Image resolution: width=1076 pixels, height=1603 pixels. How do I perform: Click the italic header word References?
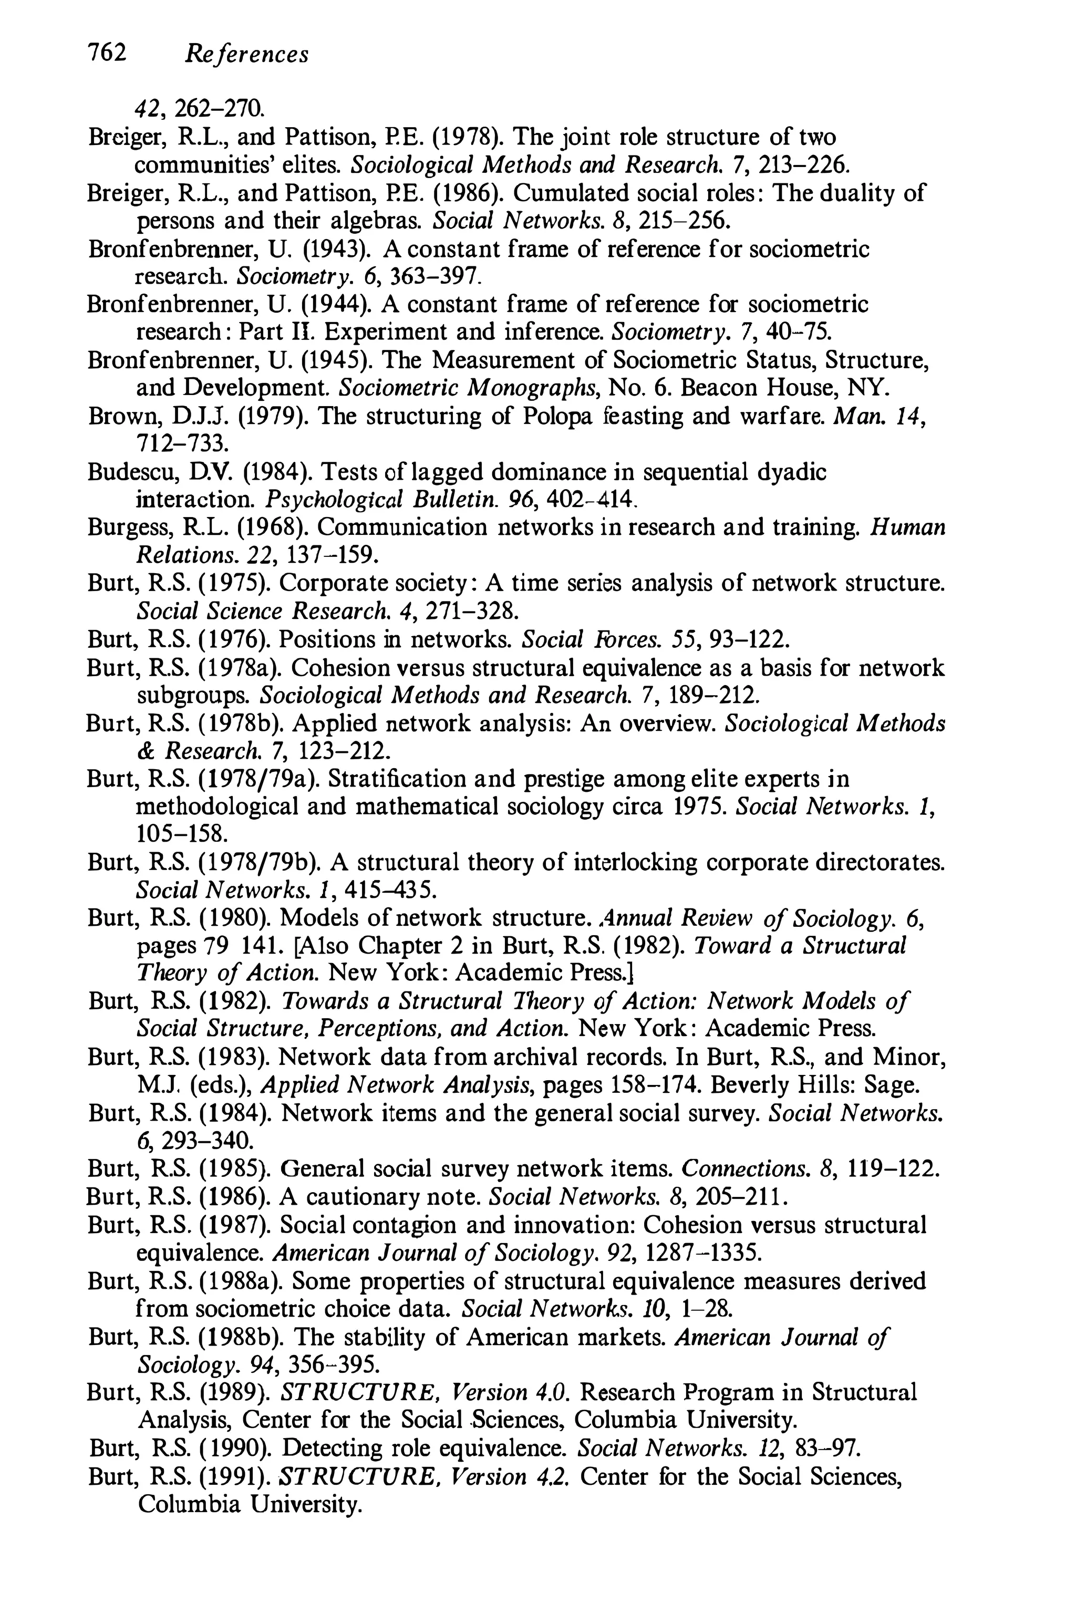[246, 54]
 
